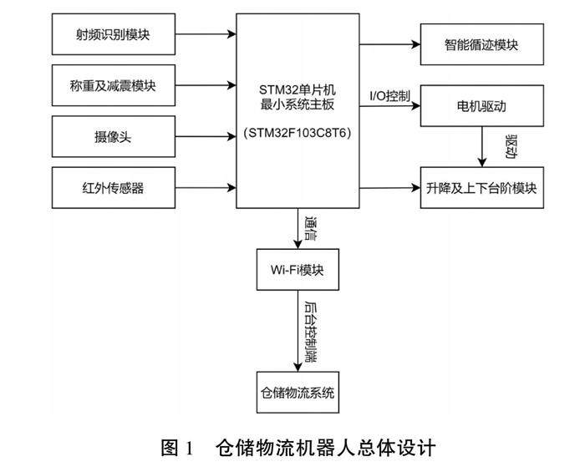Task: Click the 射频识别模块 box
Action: pyautogui.click(x=114, y=35)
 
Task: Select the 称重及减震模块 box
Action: pyautogui.click(x=114, y=85)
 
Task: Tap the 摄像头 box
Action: pyautogui.click(x=114, y=137)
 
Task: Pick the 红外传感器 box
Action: pyautogui.click(x=114, y=188)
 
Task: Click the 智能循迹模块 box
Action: pyautogui.click(x=481, y=45)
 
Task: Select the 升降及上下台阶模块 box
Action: pyautogui.click(x=481, y=188)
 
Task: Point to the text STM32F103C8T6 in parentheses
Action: pyautogui.click(x=298, y=132)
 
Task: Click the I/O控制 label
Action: pyautogui.click(x=389, y=95)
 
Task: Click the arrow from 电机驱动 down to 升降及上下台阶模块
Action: pyautogui.click(x=482, y=149)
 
